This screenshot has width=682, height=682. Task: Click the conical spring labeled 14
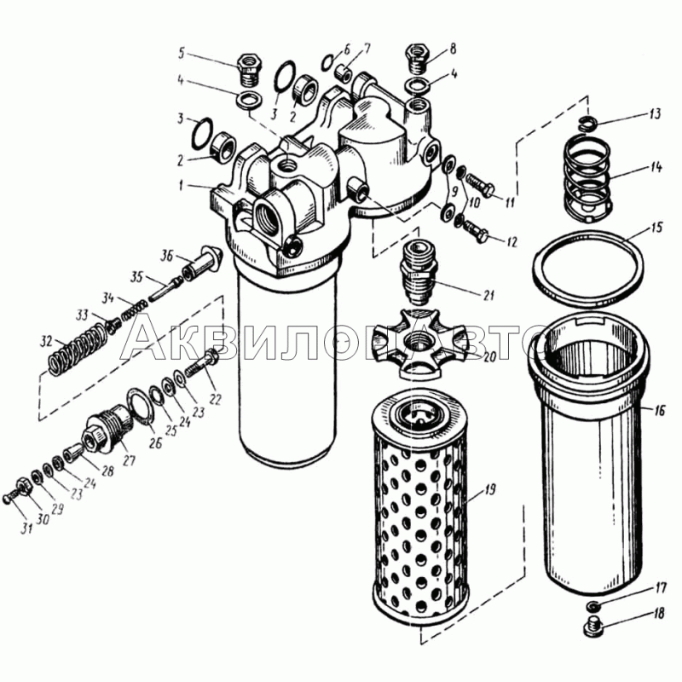(x=587, y=176)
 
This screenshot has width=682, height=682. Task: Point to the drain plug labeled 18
(x=593, y=626)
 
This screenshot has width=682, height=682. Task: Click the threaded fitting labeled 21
(x=418, y=274)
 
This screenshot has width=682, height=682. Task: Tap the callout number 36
(x=167, y=257)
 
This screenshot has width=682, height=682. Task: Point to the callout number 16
(x=660, y=410)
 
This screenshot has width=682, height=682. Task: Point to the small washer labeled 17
(x=592, y=605)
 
